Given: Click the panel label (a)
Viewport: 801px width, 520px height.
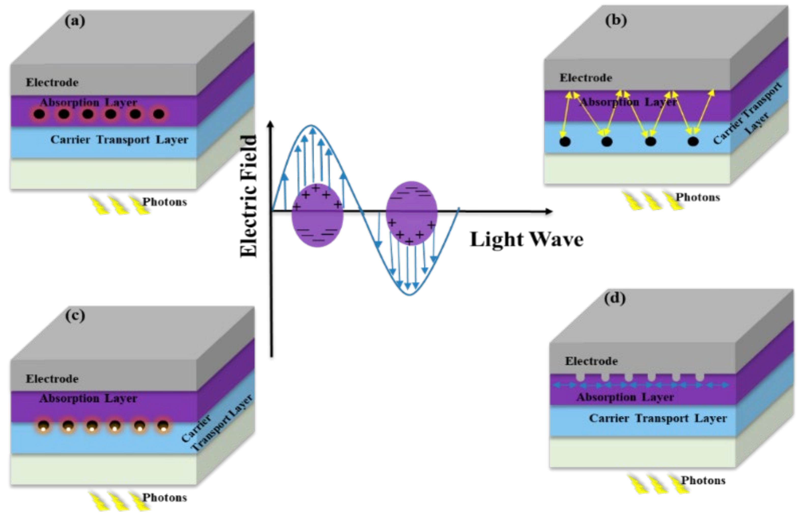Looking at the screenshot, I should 75,21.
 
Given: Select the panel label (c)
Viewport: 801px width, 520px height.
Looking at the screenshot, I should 75,316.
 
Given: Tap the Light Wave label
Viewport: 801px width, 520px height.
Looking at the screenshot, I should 526,240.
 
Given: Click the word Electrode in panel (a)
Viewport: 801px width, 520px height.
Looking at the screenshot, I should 52,82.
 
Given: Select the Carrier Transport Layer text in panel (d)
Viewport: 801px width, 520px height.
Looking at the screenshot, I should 658,418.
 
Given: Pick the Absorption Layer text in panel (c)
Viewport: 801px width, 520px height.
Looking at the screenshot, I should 88,398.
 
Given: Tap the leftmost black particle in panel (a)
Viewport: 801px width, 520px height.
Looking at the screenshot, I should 39,114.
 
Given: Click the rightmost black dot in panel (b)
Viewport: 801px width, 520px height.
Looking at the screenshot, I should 693,141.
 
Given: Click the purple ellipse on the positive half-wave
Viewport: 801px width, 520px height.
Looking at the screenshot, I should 317,215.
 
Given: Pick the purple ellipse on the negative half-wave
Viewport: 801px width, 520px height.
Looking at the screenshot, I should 411,213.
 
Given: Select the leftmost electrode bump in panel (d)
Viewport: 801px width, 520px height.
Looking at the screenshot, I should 580,377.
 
